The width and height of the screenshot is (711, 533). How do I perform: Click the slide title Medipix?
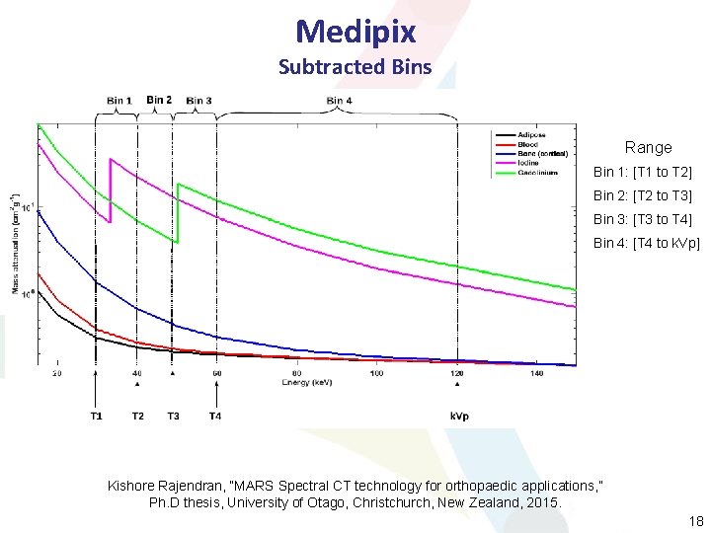(x=355, y=32)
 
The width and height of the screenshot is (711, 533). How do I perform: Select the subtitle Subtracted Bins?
(x=355, y=67)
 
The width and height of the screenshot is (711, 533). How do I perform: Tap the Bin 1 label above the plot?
(x=119, y=101)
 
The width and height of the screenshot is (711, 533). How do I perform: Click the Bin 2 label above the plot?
(x=159, y=100)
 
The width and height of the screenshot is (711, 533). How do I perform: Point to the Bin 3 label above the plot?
(x=198, y=101)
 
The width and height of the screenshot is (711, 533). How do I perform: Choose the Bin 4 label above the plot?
(x=339, y=101)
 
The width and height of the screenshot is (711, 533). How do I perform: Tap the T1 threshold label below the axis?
(x=96, y=417)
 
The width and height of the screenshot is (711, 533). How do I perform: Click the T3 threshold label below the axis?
(x=173, y=417)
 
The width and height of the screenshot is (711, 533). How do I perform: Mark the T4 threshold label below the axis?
(x=215, y=417)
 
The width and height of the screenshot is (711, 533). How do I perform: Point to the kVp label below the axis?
(x=459, y=417)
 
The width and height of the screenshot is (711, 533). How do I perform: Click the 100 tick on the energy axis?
(x=376, y=373)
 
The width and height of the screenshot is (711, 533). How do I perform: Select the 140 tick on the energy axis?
(x=536, y=373)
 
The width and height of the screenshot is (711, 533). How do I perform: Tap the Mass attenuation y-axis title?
(x=16, y=243)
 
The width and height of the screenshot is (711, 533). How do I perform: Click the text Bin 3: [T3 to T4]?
(x=642, y=219)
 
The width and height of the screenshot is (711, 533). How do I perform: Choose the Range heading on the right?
(x=648, y=147)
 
